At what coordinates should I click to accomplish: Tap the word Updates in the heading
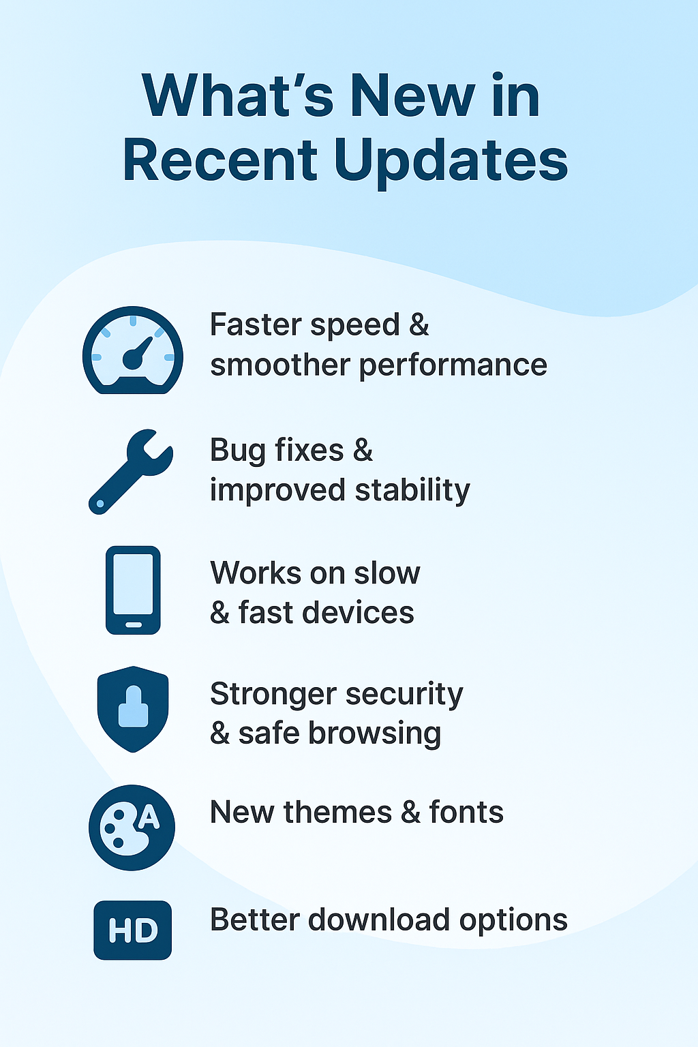451,163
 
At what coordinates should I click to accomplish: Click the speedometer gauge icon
133,350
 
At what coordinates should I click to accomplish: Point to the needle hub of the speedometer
133,359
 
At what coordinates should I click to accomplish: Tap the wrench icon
131,472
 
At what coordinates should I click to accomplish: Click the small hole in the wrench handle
100,504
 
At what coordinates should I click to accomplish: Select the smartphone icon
133,590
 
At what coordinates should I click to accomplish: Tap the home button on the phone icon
133,625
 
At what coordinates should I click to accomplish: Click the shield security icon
133,709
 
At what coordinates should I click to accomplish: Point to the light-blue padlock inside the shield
133,706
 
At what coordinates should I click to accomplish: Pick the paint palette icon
132,828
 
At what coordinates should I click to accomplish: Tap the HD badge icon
133,930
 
